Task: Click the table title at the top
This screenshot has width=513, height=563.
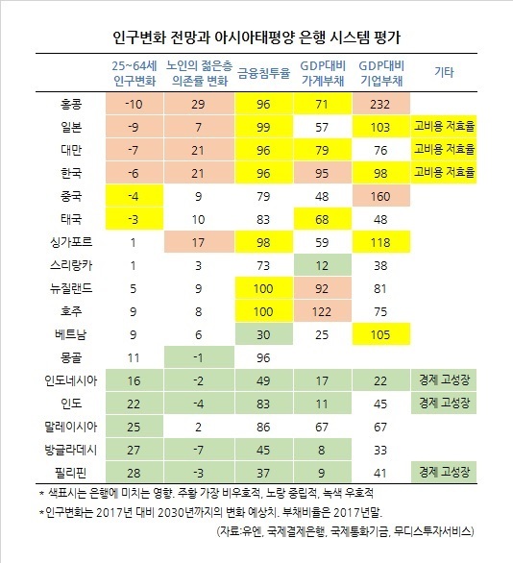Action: tap(256, 37)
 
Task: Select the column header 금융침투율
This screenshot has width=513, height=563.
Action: tap(263, 73)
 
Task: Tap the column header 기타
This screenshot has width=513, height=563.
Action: tap(444, 72)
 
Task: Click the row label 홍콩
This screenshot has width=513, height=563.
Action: tap(71, 104)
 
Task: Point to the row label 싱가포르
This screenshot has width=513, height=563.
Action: tap(71, 242)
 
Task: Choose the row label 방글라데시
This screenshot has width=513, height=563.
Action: tap(71, 450)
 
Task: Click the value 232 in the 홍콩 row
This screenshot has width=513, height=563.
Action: tap(380, 104)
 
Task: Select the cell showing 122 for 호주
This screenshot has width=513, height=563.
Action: tap(322, 311)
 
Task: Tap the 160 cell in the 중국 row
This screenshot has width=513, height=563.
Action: tap(380, 196)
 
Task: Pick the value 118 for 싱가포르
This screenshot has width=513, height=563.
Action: tap(380, 242)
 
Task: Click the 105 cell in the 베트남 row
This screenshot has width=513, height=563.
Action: tap(380, 334)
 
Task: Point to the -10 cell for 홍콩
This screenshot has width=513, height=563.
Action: tap(134, 104)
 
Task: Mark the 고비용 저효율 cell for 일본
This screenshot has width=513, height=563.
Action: tap(444, 127)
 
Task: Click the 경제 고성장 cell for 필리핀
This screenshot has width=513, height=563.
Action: tap(444, 472)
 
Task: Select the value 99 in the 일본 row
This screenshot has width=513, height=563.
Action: tap(263, 127)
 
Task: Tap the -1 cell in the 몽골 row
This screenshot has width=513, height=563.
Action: tap(199, 357)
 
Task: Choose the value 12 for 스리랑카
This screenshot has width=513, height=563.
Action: tap(322, 265)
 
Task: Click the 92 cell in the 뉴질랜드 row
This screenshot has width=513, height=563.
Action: tap(322, 288)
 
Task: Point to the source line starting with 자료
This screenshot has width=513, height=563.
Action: tap(345, 531)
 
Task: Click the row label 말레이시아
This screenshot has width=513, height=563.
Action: tap(71, 427)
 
